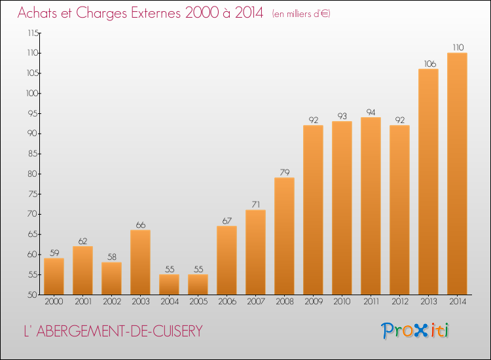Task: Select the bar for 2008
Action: pyautogui.click(x=284, y=236)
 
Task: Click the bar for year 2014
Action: pyautogui.click(x=457, y=173)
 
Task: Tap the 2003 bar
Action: pyautogui.click(x=140, y=262)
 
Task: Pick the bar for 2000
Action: pyautogui.click(x=54, y=276)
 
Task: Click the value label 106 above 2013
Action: pyautogui.click(x=430, y=64)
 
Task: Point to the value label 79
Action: pyautogui.click(x=285, y=172)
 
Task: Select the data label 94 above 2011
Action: pyautogui.click(x=371, y=112)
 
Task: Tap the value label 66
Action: pyautogui.click(x=141, y=225)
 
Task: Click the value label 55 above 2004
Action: pyautogui.click(x=170, y=269)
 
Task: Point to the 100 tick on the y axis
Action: pyautogui.click(x=33, y=94)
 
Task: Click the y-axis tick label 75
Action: pyautogui.click(x=32, y=194)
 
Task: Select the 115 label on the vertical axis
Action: pyautogui.click(x=33, y=33)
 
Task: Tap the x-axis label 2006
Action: pyautogui.click(x=227, y=302)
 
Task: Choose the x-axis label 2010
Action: pyautogui.click(x=342, y=302)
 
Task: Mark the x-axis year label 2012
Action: pyautogui.click(x=400, y=302)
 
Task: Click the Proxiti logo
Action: pyautogui.click(x=415, y=331)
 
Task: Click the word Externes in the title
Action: pyautogui.click(x=156, y=13)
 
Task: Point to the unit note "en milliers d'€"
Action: pyautogui.click(x=301, y=14)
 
